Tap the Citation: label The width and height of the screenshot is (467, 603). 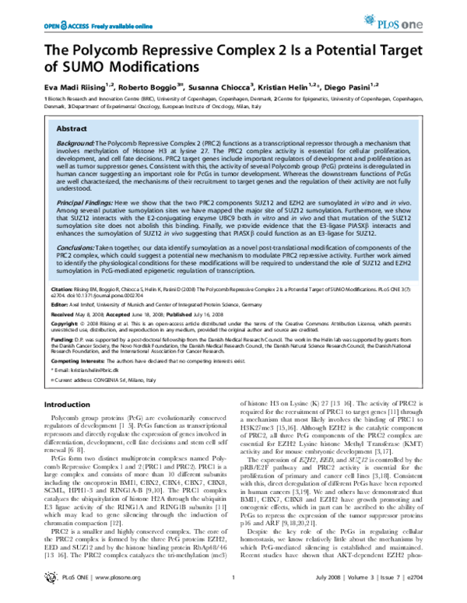[x=63, y=286]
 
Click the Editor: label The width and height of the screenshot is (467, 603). [x=60, y=306]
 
